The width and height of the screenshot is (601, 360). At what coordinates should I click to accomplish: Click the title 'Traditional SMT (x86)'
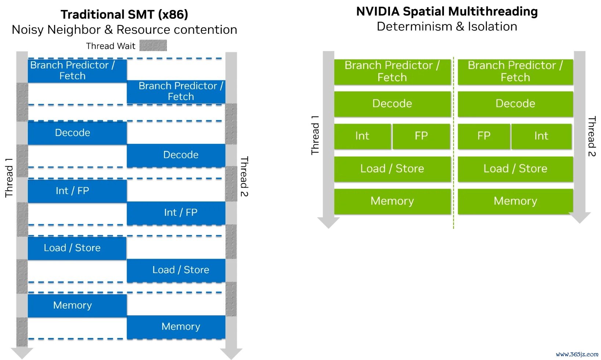[x=124, y=14]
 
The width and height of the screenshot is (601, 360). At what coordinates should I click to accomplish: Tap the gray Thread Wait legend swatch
[x=153, y=46]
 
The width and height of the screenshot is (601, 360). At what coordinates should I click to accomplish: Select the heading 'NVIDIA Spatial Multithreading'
[x=447, y=11]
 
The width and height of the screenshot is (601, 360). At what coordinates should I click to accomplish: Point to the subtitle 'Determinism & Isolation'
[x=447, y=26]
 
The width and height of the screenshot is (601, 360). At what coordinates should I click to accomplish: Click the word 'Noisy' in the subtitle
[x=28, y=30]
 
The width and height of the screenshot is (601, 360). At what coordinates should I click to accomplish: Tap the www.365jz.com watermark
[x=577, y=354]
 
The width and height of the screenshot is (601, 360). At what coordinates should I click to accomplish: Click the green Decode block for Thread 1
[x=392, y=104]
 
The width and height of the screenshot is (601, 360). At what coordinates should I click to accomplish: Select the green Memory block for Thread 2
[x=516, y=201]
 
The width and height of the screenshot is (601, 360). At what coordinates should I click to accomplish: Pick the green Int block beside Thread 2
[x=542, y=136]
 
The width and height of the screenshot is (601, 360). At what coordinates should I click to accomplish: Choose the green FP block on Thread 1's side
[x=421, y=136]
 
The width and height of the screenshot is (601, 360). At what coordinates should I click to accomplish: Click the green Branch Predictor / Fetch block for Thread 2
[x=516, y=72]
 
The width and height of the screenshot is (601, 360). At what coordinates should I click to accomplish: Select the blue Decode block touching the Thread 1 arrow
[x=77, y=133]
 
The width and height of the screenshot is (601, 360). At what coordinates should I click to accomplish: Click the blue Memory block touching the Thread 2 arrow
[x=176, y=327]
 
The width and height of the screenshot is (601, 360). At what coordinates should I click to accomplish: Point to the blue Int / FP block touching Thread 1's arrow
[x=77, y=191]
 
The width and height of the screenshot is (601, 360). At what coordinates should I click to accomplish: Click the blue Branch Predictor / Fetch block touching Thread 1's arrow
[x=77, y=71]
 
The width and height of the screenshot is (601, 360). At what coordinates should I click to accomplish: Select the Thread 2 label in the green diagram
[x=591, y=136]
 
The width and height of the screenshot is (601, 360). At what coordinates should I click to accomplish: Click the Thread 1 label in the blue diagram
[x=9, y=178]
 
